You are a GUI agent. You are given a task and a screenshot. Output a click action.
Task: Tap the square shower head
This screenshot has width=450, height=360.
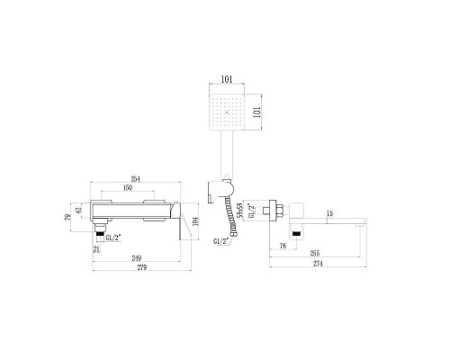(233, 118)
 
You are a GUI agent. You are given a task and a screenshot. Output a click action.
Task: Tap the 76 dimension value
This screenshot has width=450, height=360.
(283, 244)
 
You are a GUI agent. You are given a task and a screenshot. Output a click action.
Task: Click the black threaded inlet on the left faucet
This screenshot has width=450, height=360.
(100, 233)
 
